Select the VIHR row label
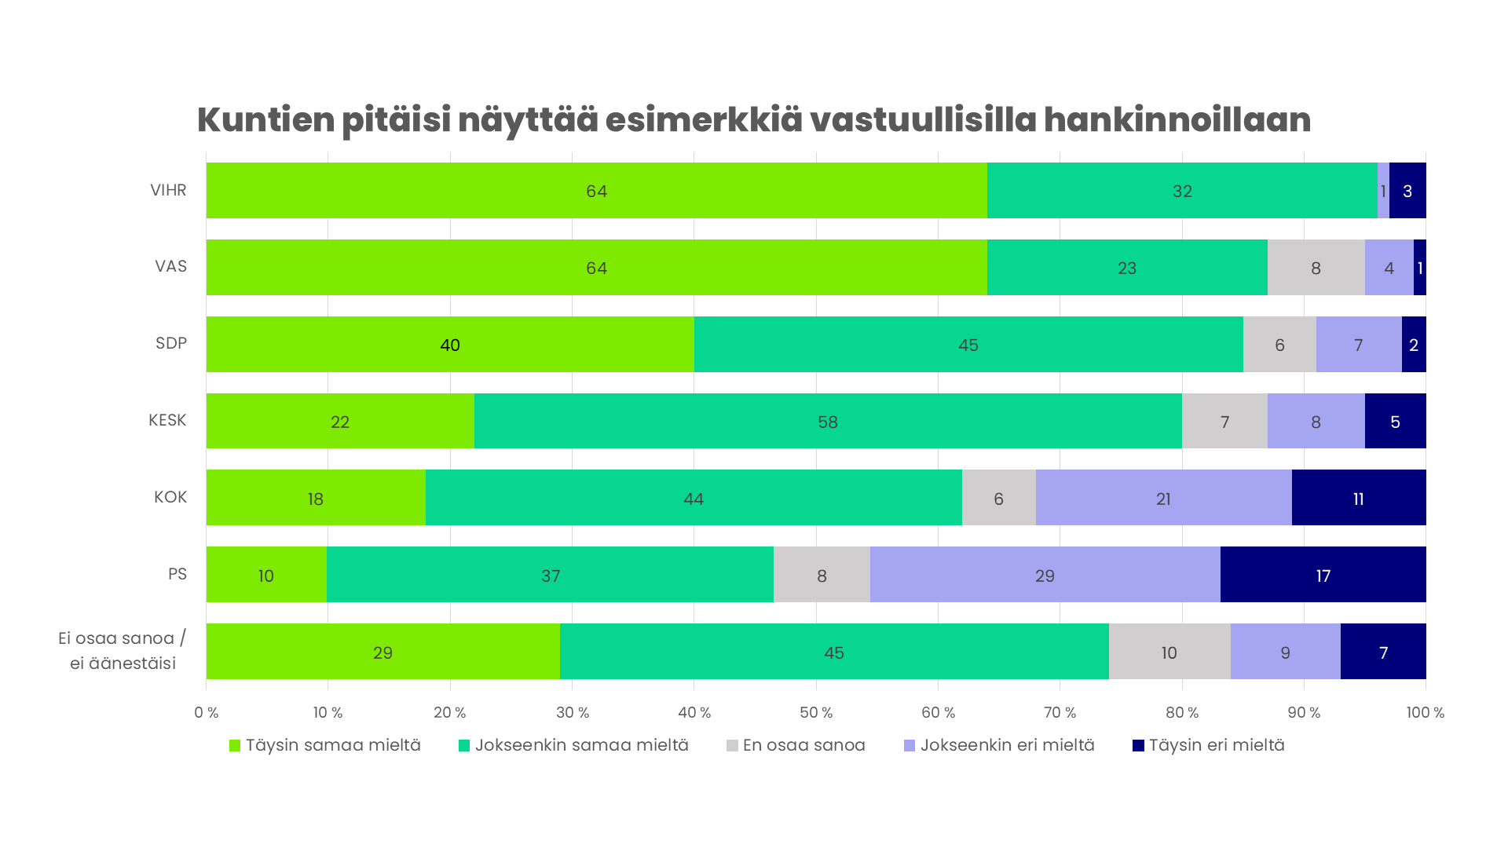pos(168,190)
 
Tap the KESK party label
pos(167,420)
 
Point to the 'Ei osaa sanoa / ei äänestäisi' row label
pos(123,650)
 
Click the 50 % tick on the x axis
pos(816,713)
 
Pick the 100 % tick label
pos(1425,713)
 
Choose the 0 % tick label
pos(207,713)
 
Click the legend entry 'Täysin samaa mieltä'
pos(333,745)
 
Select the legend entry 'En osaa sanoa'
pos(803,745)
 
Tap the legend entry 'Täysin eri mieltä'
pos(1216,745)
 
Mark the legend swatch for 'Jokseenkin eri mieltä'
pos(910,746)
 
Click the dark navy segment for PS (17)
pos(1323,575)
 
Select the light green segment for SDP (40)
pos(449,344)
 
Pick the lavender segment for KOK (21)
pos(1163,498)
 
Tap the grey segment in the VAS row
pos(1316,268)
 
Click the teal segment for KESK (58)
pos(827,421)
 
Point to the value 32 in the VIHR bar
pos(1182,191)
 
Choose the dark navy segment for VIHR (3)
pos(1407,191)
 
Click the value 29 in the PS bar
pos(1045,576)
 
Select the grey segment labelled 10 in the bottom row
pos(1169,652)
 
